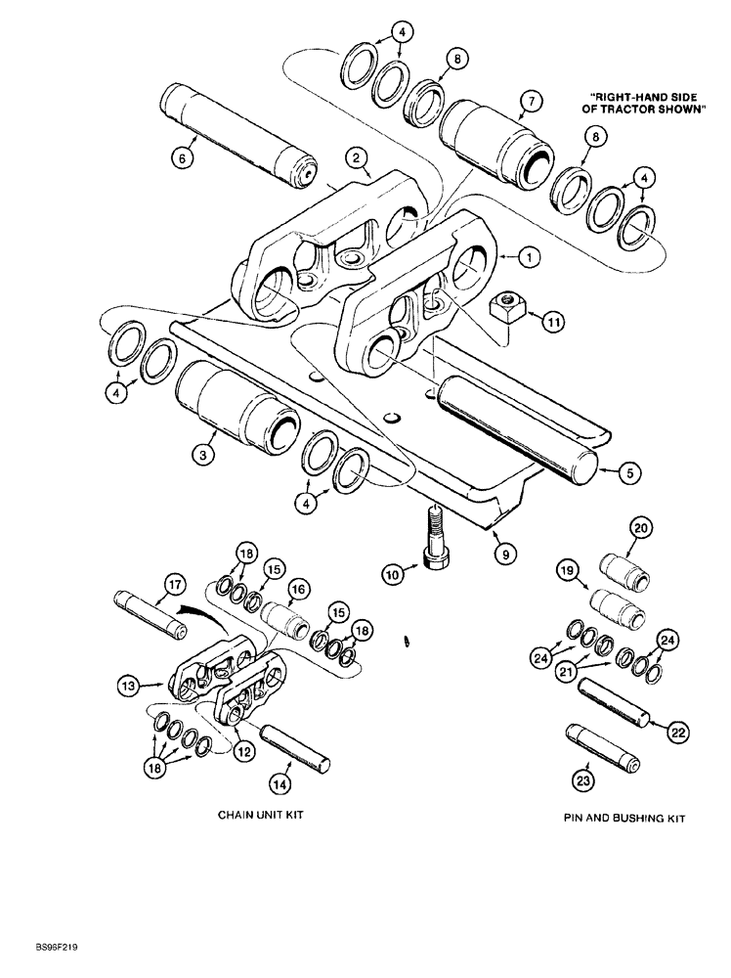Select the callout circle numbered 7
point(531,100)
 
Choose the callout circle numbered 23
point(584,780)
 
